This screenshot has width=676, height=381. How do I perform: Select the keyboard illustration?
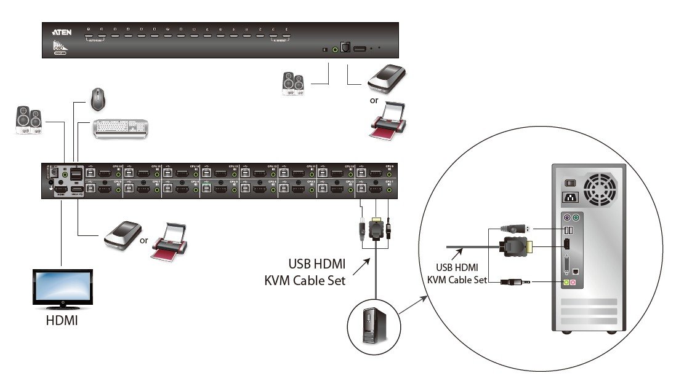(121, 127)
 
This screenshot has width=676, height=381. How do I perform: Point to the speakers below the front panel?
(292, 84)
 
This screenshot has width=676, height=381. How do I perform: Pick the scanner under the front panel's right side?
(387, 78)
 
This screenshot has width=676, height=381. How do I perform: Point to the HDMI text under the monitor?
(62, 320)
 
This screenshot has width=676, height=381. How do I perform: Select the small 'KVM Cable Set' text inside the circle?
(457, 280)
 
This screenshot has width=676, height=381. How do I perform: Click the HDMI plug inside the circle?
(516, 247)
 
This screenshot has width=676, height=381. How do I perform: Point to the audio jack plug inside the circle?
(515, 283)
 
